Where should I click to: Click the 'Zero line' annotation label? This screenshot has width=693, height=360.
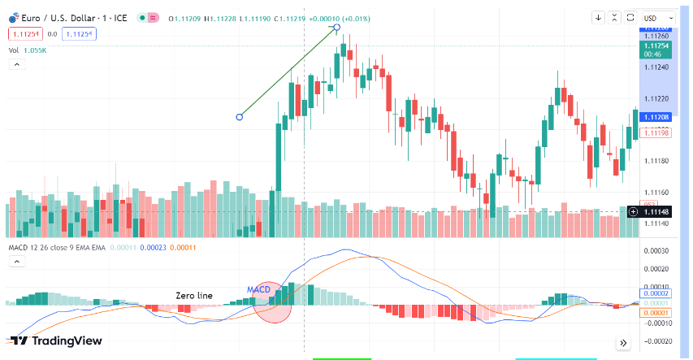194,295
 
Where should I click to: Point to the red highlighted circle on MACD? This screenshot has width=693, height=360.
272,302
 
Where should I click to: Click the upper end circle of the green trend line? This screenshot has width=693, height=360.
336,28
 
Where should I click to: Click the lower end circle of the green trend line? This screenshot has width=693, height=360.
239,117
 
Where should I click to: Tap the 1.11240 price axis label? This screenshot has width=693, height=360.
656,67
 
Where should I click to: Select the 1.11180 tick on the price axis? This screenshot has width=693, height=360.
656,161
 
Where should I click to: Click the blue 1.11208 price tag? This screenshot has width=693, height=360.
656,117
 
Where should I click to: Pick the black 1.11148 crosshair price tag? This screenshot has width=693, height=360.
656,211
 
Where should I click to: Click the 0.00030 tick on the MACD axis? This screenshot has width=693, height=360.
656,250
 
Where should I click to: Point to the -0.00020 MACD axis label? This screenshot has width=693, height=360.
656,341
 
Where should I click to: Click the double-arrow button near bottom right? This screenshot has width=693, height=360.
623,343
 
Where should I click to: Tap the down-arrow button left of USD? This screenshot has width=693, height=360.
599,17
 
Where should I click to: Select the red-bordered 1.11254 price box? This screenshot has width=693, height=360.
24,33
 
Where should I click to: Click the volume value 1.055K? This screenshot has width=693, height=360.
35,50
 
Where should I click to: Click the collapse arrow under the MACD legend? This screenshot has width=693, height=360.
15,262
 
